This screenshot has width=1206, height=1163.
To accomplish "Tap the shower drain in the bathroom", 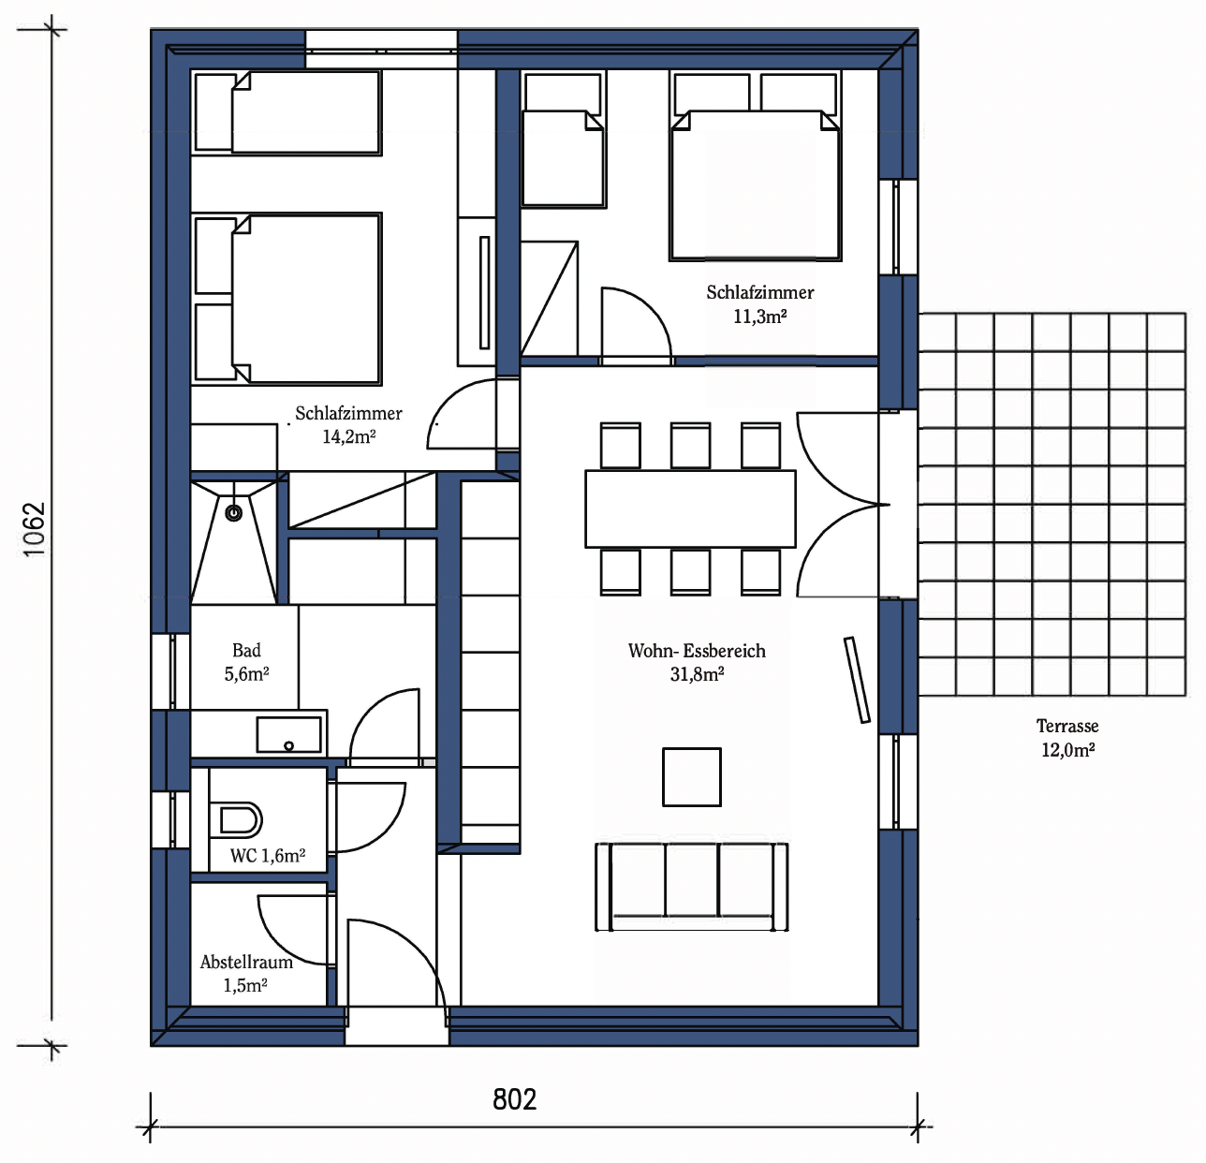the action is tap(234, 513).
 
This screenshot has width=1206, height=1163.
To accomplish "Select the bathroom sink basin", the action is tap(288, 735).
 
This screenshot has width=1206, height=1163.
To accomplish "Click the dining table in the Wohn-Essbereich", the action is tap(690, 509).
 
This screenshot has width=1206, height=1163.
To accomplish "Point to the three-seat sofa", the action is tap(692, 887).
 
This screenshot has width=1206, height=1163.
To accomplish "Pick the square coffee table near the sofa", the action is tap(692, 777).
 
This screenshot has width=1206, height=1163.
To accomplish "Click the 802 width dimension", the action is tap(514, 1099).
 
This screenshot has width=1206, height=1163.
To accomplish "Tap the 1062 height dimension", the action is tap(35, 529).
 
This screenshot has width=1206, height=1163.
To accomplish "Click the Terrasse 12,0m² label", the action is tap(1067, 738).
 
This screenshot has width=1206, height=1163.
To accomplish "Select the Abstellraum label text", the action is tap(246, 962).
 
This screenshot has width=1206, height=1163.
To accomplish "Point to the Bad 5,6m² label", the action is tap(246, 662).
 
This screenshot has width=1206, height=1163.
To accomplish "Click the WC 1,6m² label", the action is tap(268, 856).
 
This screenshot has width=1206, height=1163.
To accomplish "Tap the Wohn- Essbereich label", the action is tap(697, 651).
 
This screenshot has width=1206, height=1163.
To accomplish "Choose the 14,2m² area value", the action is tap(349, 436).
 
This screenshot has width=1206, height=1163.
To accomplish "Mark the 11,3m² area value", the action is tap(759, 317).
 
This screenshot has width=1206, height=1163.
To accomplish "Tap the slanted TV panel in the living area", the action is tap(857, 680).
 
